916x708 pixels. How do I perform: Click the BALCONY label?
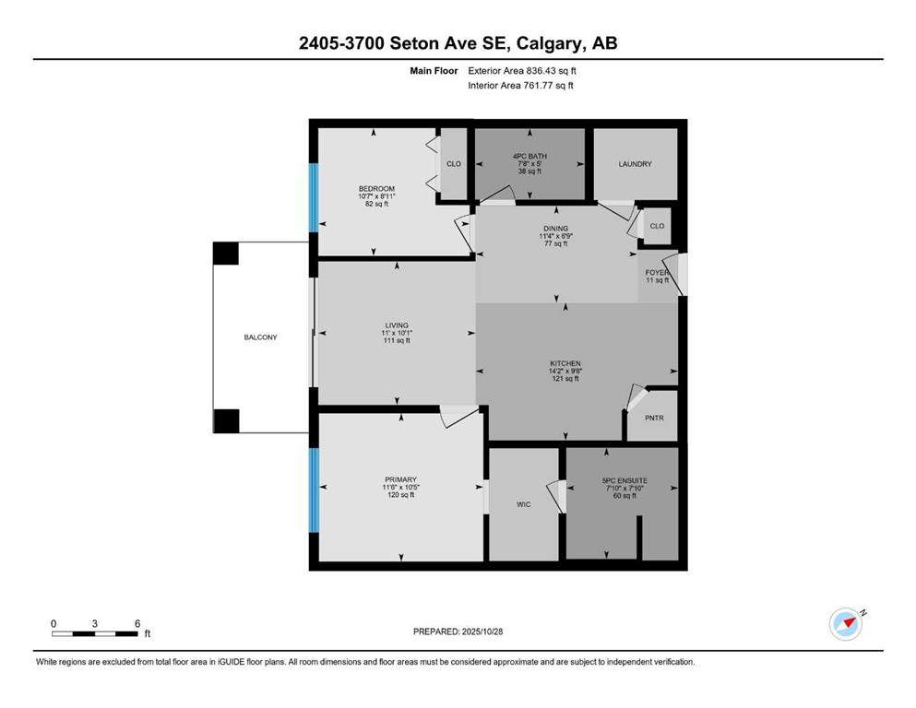pyautogui.click(x=260, y=337)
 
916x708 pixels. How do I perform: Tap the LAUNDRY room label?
pyautogui.click(x=635, y=164)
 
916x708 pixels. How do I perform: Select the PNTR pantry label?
pyautogui.click(x=655, y=418)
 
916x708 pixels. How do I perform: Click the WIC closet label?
pyautogui.click(x=522, y=504)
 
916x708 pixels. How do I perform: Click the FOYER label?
pyautogui.click(x=657, y=272)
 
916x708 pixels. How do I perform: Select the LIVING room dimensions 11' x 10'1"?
pyautogui.click(x=397, y=333)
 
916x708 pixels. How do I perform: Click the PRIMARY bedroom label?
pyautogui.click(x=400, y=479)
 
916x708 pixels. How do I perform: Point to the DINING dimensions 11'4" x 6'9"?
pyautogui.click(x=555, y=237)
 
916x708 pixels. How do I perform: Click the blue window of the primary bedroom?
pyautogui.click(x=314, y=490)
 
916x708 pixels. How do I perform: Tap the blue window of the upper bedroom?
pyautogui.click(x=314, y=195)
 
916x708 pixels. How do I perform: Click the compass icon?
pyautogui.click(x=845, y=624)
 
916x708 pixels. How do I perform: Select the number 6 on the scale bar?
pyautogui.click(x=137, y=623)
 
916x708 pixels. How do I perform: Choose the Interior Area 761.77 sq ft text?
pyautogui.click(x=521, y=86)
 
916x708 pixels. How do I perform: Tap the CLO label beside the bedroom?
pyautogui.click(x=454, y=164)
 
